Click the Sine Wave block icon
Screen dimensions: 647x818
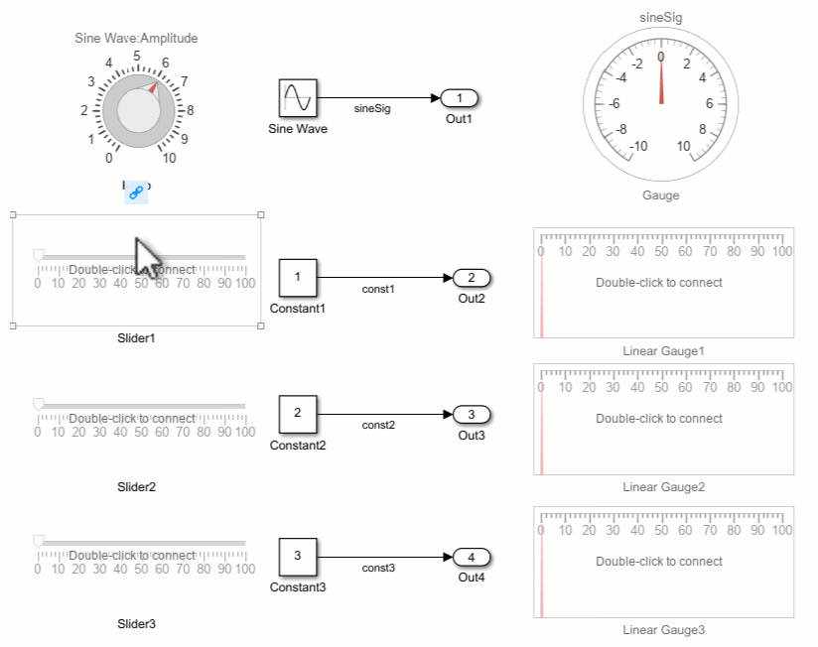[298, 98]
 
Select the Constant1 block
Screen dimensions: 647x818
[298, 278]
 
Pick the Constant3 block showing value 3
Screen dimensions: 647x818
[298, 557]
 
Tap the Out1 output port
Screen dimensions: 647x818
[460, 98]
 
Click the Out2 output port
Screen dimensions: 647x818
[473, 278]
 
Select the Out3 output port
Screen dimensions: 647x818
[473, 415]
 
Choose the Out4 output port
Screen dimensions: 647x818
[473, 557]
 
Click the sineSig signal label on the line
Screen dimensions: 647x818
[372, 109]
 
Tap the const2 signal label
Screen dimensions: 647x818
[378, 425]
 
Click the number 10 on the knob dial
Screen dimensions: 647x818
[169, 158]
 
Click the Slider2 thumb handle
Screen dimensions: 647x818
[38, 404]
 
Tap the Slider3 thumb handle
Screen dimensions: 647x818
[38, 541]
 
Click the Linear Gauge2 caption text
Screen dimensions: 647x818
[663, 487]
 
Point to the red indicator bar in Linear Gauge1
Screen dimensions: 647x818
[541, 298]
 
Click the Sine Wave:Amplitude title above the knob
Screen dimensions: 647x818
[136, 39]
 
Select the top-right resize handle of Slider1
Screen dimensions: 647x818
[261, 214]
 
